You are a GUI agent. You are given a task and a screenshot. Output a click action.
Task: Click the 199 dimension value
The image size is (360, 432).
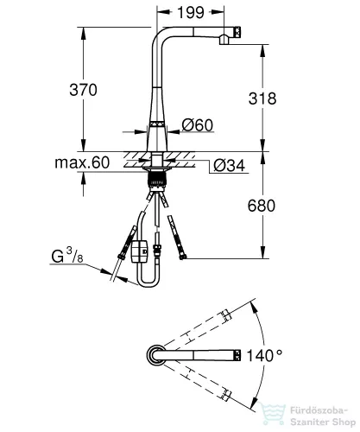[191, 12]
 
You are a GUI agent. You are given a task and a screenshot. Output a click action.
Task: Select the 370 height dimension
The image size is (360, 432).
[83, 90]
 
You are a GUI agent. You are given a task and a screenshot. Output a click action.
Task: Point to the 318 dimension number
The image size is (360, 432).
[262, 98]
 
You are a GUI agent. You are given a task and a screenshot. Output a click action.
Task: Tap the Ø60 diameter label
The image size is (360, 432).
[198, 124]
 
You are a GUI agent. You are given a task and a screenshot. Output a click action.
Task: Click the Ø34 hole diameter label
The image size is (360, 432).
[230, 165]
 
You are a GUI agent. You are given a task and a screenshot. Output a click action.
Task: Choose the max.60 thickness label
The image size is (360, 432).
[82, 162]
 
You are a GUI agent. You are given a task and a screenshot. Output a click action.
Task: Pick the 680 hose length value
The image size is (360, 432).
[262, 206]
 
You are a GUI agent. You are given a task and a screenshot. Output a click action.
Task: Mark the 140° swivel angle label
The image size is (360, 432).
[265, 355]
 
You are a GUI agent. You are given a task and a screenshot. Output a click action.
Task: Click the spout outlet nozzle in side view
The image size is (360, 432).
[224, 40]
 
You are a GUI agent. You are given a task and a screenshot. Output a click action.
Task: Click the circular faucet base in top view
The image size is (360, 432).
[155, 355]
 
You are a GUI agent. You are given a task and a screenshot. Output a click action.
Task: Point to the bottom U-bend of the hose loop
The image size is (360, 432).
[148, 283]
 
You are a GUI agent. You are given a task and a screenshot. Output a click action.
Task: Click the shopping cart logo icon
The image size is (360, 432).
[272, 413]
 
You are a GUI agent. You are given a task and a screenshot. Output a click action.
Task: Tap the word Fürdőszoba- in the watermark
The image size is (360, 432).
[319, 410]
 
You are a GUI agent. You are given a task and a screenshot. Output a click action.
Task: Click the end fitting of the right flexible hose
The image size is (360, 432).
[183, 256]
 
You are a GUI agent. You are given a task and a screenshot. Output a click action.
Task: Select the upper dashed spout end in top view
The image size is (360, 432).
[226, 315]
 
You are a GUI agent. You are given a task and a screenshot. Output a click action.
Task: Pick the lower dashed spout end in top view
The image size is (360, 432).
[226, 395]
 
